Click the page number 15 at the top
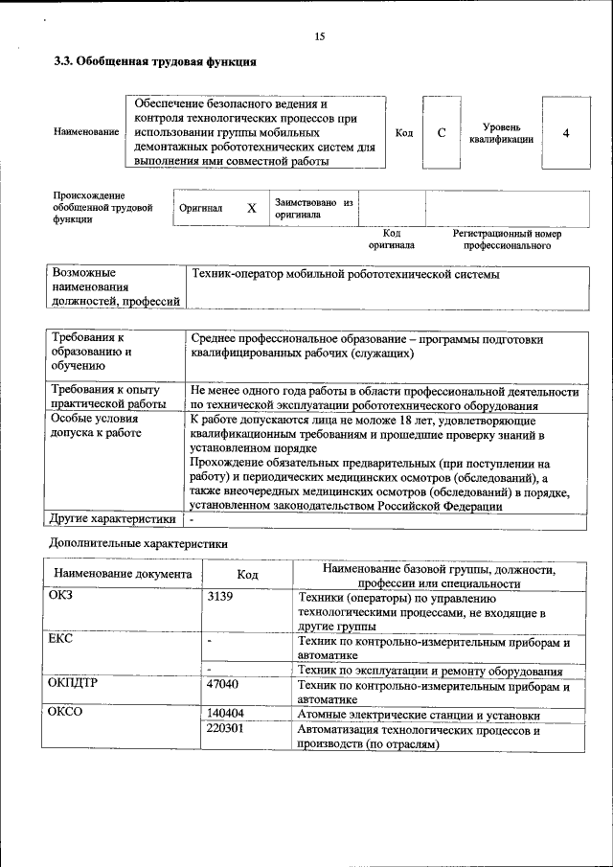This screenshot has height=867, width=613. coord(320,36)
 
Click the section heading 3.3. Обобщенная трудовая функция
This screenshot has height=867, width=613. coord(153,62)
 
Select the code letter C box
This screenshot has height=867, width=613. coord(442,132)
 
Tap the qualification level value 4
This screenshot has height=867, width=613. coord(565,132)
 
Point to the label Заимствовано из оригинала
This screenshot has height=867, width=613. coord(313,209)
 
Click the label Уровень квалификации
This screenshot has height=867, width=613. coord(501,133)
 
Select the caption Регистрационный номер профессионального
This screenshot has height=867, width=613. coord(507,240)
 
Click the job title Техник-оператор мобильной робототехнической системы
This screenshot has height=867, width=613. coord(345,275)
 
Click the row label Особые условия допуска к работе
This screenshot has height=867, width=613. coord(96,426)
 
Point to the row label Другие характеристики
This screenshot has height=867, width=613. coord(113,519)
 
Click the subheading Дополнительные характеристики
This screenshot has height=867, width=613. coord(138,543)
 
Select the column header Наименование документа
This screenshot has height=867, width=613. coord(123,575)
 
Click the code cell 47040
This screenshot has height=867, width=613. coord(222,685)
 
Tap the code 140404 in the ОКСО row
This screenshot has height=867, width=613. coord(225,715)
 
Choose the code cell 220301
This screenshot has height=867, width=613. coord(225,730)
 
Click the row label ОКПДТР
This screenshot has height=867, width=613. coord(73,685)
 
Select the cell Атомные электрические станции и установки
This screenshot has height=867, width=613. coord(419,715)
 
